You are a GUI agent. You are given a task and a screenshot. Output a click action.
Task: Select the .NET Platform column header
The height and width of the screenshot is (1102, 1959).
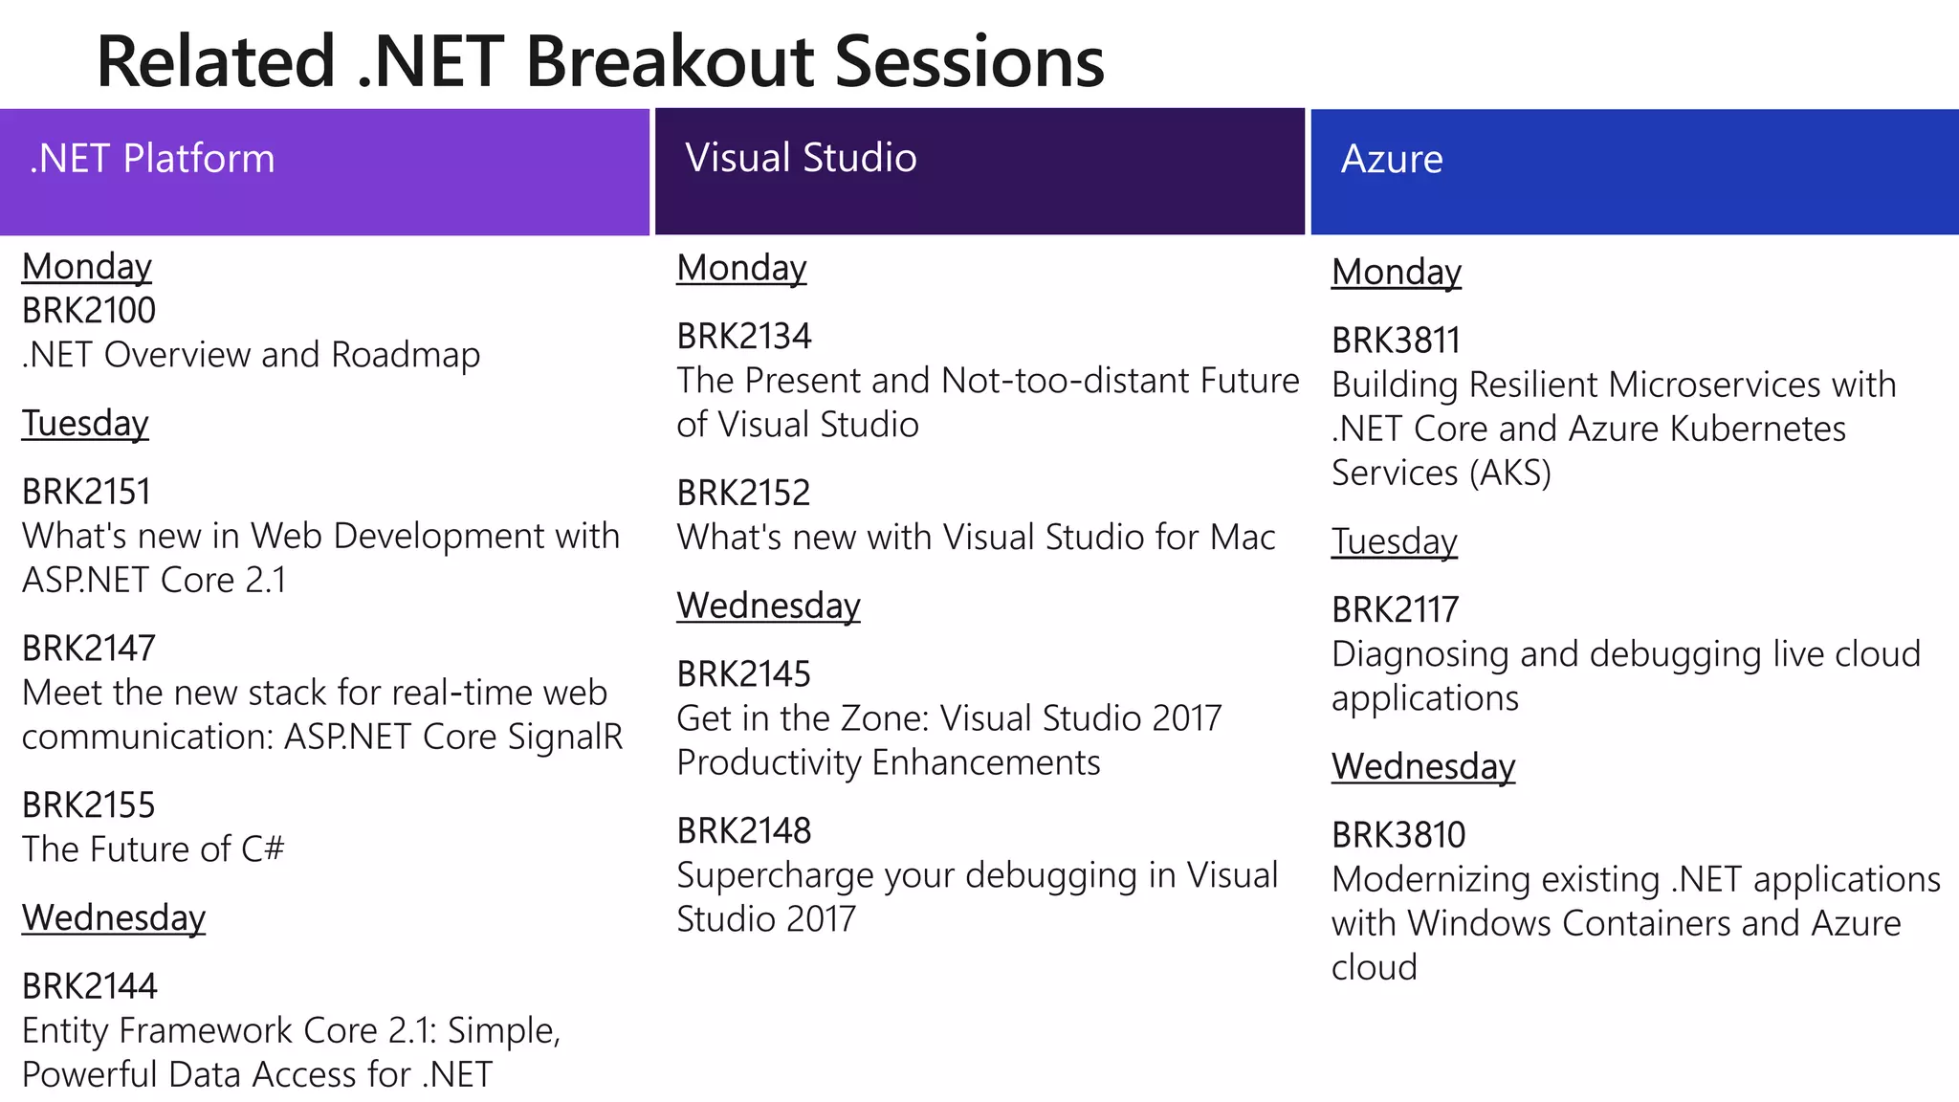pos(152,159)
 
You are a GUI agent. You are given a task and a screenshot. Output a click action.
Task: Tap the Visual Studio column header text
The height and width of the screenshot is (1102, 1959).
pos(801,158)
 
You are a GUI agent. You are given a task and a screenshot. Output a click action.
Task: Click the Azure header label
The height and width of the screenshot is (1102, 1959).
pos(1391,160)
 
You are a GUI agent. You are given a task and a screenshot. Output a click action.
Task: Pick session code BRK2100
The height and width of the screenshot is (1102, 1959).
pos(89,311)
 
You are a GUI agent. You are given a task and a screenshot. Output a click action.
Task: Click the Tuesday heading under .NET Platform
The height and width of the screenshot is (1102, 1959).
pos(85,423)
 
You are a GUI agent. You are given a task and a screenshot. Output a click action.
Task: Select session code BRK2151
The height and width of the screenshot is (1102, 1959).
pos(87,492)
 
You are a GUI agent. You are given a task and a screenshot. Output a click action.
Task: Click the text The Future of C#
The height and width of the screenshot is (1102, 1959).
pos(153,849)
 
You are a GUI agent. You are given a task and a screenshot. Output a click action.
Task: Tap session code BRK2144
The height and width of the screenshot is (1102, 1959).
pos(90,986)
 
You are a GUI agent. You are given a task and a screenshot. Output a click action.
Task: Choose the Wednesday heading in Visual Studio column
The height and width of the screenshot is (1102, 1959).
pos(768,606)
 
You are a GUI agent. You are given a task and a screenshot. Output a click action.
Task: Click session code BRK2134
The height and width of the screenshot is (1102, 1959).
pos(744,337)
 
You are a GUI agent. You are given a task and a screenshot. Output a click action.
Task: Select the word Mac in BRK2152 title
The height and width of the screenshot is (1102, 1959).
pos(1242,538)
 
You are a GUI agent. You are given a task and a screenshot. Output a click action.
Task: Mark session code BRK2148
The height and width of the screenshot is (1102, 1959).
pos(744,831)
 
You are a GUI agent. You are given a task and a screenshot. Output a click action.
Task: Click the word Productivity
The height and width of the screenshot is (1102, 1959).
pos(768,763)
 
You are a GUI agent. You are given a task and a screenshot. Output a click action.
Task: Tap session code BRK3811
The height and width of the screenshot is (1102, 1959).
pos(1397,341)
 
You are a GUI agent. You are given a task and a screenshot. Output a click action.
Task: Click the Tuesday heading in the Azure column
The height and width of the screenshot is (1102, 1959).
pos(1394,541)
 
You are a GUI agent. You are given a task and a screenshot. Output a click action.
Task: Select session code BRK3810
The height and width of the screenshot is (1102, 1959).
pos(1398,835)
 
